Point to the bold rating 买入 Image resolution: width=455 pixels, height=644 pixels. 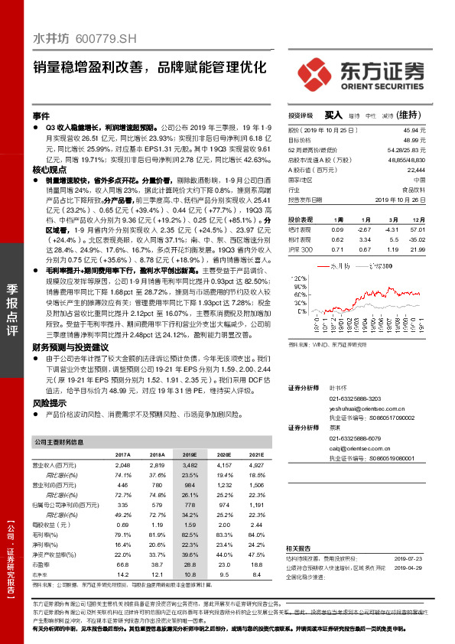coord(334,115)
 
